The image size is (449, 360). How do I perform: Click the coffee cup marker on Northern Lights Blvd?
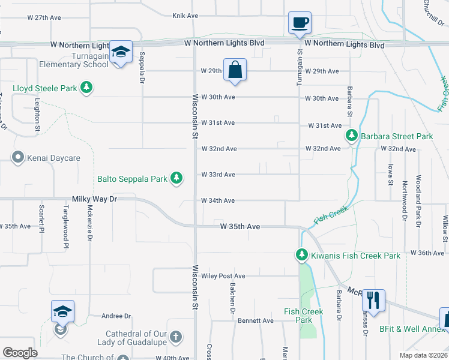click(300, 23)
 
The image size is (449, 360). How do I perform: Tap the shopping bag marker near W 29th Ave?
click(235, 70)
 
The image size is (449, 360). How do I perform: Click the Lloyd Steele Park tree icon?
click(87, 88)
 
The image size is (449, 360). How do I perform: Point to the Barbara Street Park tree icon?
click(352, 136)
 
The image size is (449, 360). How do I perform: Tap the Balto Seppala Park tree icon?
click(176, 178)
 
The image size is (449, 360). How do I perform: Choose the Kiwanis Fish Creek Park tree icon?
click(302, 256)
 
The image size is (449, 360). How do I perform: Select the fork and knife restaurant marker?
click(373, 300)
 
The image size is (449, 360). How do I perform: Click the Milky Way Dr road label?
click(92, 198)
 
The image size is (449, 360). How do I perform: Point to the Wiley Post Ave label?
click(223, 276)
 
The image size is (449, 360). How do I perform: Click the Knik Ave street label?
click(185, 16)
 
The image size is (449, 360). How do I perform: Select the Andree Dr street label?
click(116, 316)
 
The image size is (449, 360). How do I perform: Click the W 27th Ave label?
click(44, 17)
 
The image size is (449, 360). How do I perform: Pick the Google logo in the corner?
click(20, 352)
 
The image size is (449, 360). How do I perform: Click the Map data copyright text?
click(423, 355)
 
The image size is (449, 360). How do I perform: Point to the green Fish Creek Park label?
click(304, 316)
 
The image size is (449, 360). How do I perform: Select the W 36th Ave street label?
click(427, 253)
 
